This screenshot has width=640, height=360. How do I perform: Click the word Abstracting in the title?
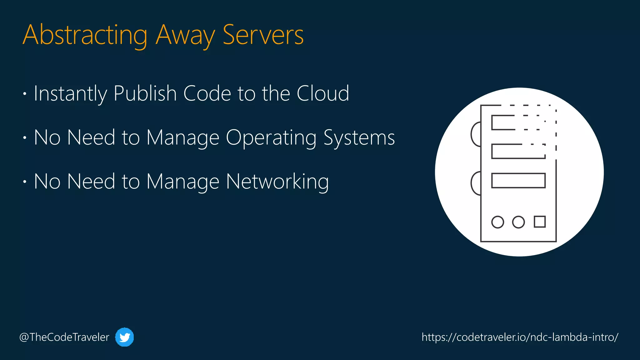85,35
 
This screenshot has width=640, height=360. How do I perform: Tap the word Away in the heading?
185,35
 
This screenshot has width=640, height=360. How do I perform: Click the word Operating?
271,137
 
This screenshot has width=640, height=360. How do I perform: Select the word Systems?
359,137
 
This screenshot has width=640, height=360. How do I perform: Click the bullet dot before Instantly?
25,93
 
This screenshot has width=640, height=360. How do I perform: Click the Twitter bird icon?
124,337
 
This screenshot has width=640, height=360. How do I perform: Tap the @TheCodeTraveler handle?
64,337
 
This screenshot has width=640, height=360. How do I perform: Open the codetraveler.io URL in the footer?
520,337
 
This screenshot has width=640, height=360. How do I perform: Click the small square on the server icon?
540,222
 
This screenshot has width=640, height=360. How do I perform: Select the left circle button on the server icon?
497,222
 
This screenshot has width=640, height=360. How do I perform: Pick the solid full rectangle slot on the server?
518,181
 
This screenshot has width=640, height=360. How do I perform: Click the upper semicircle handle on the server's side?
476,134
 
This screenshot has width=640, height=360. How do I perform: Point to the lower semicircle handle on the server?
476,183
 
